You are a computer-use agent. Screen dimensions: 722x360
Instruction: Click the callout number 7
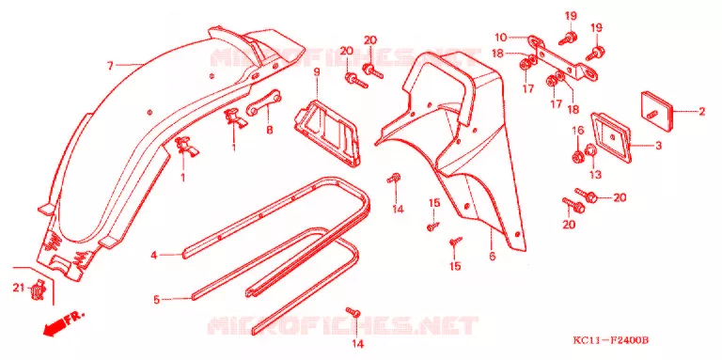(110, 67)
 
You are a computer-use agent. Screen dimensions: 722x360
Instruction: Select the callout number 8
(270, 130)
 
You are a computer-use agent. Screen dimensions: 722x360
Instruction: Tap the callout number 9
(317, 71)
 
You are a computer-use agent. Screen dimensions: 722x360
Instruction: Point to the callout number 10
(501, 37)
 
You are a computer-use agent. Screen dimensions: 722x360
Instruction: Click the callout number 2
(701, 112)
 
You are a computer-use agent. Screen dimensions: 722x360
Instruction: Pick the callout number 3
(658, 146)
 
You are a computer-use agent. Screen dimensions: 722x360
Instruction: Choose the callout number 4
(155, 255)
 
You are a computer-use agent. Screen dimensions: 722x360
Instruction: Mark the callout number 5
(157, 300)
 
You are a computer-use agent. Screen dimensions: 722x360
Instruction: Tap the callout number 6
(493, 256)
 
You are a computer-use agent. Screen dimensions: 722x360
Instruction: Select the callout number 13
(595, 175)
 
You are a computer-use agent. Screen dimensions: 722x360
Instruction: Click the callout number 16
(578, 132)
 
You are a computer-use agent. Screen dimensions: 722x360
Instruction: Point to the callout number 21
(18, 289)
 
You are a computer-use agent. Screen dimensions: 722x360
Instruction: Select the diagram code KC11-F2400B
(610, 340)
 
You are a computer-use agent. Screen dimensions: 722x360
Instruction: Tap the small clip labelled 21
(38, 290)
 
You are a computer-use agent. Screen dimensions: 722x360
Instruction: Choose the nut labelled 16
(576, 157)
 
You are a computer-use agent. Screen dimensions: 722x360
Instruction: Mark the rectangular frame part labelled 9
(327, 133)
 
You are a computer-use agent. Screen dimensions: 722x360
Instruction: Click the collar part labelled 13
(589, 150)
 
